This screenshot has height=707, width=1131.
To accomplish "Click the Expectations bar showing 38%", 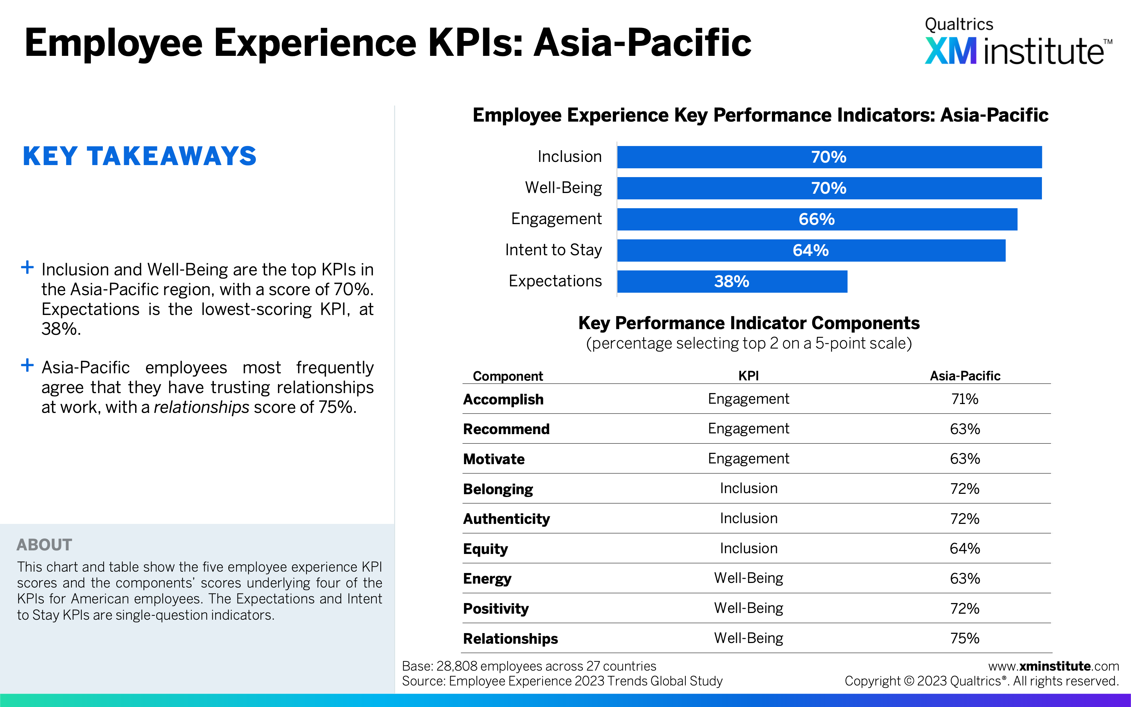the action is tap(732, 281).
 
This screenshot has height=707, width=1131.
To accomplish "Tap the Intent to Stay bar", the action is tap(811, 251).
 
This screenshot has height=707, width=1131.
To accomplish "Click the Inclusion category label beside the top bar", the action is tap(570, 156).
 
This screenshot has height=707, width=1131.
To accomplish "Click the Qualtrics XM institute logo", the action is tap(1018, 41).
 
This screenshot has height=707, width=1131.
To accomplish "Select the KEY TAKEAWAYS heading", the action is tap(140, 156).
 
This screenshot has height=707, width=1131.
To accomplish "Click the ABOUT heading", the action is tap(45, 545).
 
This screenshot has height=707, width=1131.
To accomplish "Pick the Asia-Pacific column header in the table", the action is tap(965, 376).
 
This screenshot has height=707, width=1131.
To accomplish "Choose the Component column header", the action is tap(508, 376).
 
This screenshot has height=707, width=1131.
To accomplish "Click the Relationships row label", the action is tap(510, 639).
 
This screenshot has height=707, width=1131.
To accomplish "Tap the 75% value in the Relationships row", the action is tap(965, 638).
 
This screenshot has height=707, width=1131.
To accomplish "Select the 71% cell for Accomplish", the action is tap(965, 399).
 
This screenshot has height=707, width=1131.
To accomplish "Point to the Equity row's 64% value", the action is tap(965, 549).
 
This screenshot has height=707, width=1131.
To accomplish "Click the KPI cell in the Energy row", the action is tap(749, 578).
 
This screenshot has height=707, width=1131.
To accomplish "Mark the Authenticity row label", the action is tap(506, 519).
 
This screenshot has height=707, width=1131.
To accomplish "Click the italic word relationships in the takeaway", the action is tap(201, 407).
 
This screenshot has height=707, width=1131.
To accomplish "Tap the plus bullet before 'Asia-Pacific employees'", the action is tap(28, 365).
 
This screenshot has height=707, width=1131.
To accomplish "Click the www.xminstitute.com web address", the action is tap(1053, 666).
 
